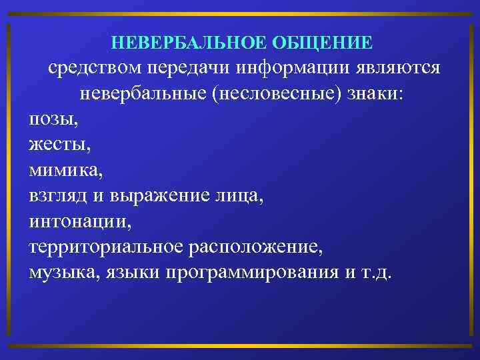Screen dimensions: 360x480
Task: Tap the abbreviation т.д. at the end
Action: tap(379, 273)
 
